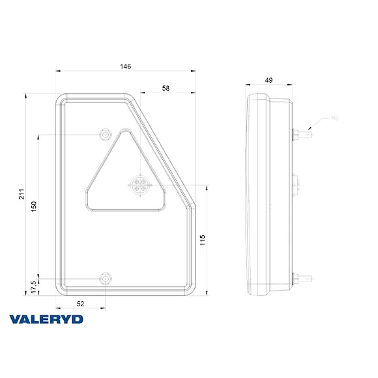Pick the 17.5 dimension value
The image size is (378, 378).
tap(35, 284)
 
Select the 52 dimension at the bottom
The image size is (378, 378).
tap(80, 303)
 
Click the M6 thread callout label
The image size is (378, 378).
tap(334, 118)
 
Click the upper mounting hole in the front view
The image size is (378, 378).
tap(104, 134)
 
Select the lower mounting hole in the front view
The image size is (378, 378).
tap(104, 279)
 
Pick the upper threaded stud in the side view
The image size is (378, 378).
tap(301, 134)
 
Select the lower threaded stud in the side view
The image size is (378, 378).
tap(301, 279)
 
